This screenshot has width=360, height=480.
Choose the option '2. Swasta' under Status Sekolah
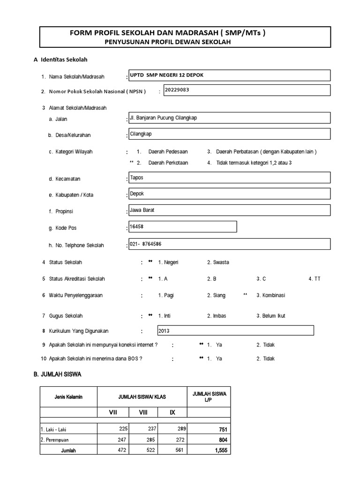218,262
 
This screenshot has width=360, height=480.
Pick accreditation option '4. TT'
315,279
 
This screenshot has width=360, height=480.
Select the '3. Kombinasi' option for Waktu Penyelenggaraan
270,295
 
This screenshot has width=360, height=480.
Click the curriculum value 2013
164,331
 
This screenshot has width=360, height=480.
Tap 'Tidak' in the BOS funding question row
265,359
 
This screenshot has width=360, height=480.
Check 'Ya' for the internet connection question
219,345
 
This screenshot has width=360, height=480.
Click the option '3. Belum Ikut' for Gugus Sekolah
270,316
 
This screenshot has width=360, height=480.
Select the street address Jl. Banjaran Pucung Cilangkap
163,118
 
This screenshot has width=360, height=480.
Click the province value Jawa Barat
142,210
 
